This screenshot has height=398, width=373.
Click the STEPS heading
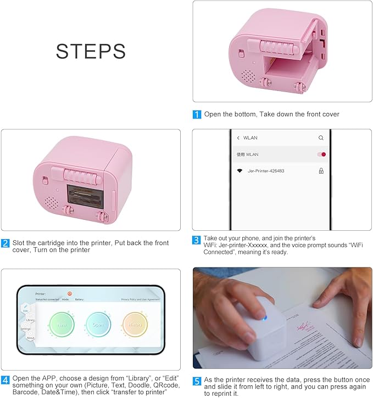point(91,51)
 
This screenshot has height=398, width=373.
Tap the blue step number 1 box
point(197,115)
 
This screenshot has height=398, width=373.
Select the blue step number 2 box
point(5,243)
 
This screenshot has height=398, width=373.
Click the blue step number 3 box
point(197,239)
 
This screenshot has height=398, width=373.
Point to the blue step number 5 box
point(197,379)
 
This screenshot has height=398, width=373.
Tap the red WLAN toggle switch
point(322,155)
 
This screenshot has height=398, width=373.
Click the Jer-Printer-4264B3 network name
point(266,171)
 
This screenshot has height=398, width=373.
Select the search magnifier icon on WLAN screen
point(321,138)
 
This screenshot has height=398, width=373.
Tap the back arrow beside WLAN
point(238,138)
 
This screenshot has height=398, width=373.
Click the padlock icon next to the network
point(321,171)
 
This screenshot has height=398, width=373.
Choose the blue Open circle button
point(98,324)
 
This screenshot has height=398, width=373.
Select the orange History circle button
point(135,324)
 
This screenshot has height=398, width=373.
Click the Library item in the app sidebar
point(30,320)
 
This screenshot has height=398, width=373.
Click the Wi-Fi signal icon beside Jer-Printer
point(240,171)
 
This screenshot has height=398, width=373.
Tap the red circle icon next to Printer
point(70,293)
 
